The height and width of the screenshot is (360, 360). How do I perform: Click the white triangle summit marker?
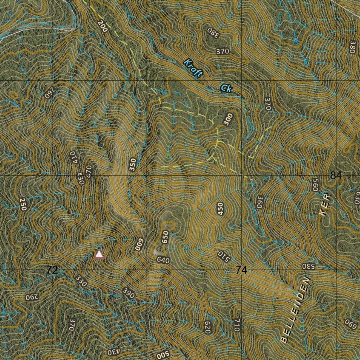click(99, 254)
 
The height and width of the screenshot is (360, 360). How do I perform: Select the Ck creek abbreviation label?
click(226, 88)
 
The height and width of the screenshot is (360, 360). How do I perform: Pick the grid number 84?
click(336, 175)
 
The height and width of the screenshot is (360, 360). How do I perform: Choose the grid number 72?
click(52, 270)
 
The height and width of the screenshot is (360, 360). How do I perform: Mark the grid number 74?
click(242, 270)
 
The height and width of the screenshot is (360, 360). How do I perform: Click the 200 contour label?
click(102, 26)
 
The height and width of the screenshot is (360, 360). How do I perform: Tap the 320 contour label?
click(268, 104)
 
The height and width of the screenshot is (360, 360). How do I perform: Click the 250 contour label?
click(23, 204)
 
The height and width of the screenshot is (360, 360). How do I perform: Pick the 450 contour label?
click(220, 209)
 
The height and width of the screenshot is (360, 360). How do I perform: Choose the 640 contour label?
click(163, 261)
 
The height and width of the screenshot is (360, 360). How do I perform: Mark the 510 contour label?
click(224, 257)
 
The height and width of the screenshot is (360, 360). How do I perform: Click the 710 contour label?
click(236, 326)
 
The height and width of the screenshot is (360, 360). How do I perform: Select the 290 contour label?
click(31, 297)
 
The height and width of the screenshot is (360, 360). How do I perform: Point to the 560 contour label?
click(315, 185)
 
